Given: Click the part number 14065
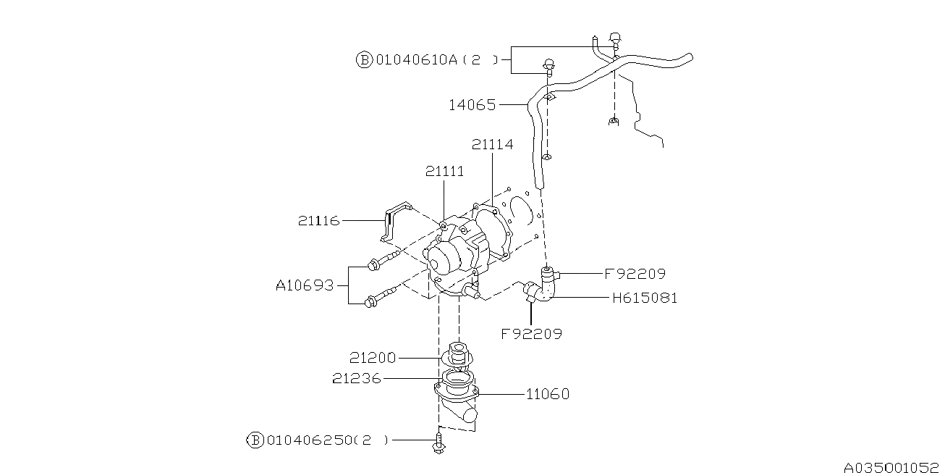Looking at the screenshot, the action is (x=472, y=105).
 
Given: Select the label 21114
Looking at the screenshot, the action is (x=492, y=144).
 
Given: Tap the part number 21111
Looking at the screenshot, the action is (x=445, y=171).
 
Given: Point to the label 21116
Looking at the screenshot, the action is (x=318, y=220).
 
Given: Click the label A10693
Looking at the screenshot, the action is (x=305, y=285).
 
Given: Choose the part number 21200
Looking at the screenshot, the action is (x=373, y=358).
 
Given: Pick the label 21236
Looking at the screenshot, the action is (x=357, y=378).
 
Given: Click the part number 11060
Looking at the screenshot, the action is (x=548, y=394).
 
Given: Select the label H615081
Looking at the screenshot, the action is (x=645, y=298).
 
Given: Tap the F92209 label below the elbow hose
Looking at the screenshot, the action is (x=532, y=334).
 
